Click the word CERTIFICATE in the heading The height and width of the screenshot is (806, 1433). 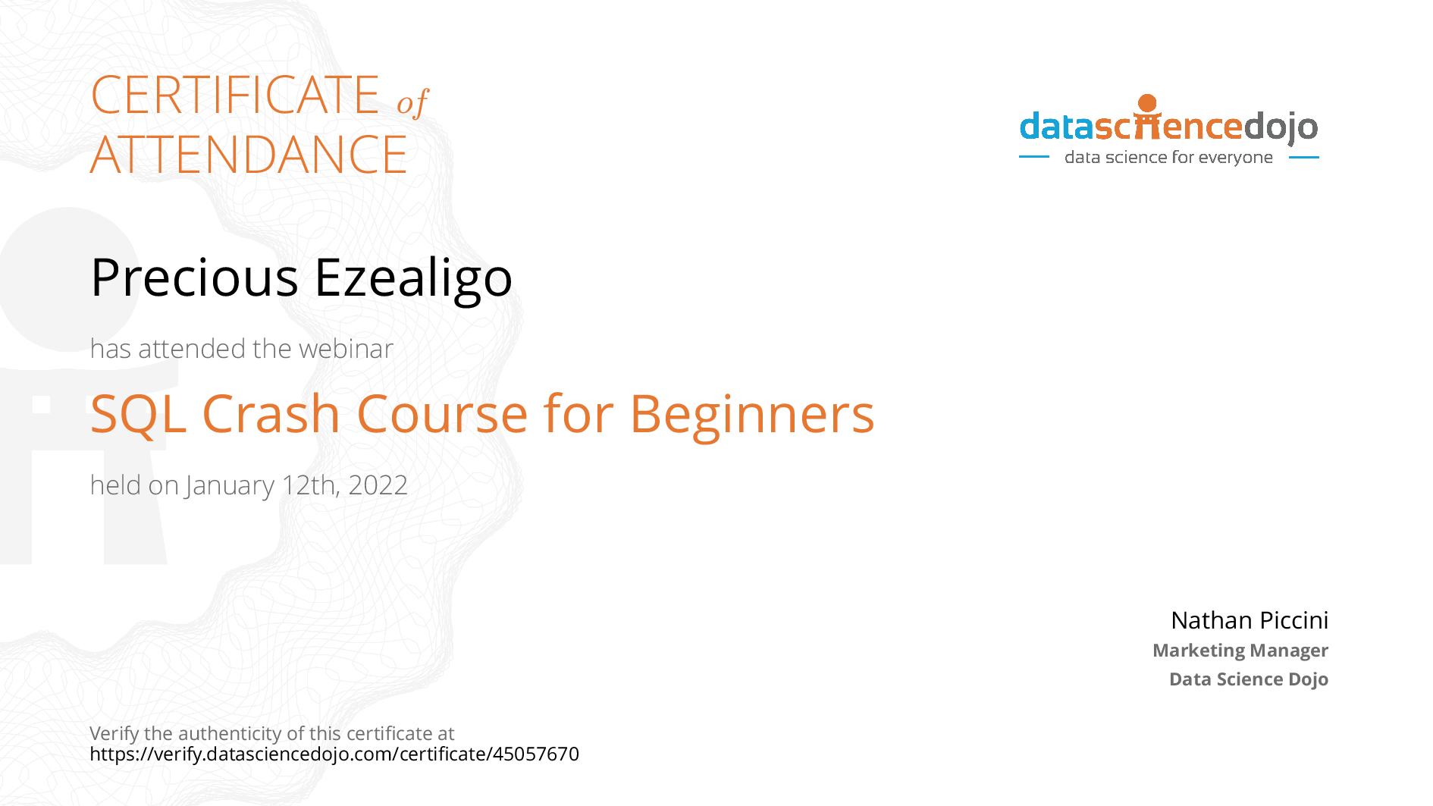pos(235,95)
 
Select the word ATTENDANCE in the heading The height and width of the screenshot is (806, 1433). pos(249,155)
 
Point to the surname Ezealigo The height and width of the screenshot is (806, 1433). pos(413,280)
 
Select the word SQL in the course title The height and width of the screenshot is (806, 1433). pos(138,416)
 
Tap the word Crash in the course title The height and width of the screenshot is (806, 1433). pos(271,414)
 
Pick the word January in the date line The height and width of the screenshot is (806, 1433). pos(230,486)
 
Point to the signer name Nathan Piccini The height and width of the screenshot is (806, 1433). pos(1250,620)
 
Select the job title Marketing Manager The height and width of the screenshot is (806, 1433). pos(1240,651)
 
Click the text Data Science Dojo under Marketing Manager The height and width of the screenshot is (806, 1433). pos(1249,679)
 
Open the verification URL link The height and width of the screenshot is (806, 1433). pos(334,754)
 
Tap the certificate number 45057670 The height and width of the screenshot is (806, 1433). pos(536,754)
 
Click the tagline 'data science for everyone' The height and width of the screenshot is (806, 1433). pos(1168,158)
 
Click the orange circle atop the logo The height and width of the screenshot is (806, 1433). pos(1148,104)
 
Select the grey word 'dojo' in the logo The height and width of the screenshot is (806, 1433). pos(1281,127)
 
